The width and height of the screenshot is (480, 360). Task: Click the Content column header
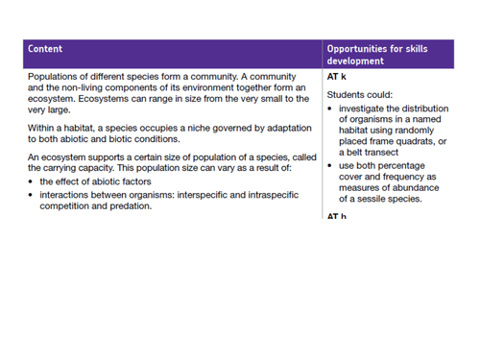click(46, 48)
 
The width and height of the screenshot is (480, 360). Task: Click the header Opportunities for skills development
click(376, 54)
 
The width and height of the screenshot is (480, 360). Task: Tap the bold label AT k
click(336, 76)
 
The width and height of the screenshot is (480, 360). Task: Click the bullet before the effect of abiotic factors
click(32, 181)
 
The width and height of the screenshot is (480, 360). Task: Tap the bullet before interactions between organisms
click(32, 194)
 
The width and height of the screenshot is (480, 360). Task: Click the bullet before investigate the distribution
click(330, 108)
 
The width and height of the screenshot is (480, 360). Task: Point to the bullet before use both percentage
click(330, 165)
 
